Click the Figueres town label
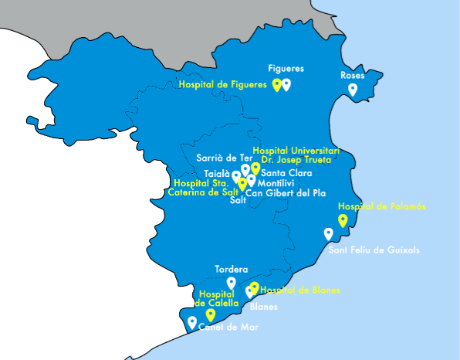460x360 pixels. (286, 68)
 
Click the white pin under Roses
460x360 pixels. (353, 90)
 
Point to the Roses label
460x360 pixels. (352, 76)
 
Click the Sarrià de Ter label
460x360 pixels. (219, 158)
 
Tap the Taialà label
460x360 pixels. (216, 173)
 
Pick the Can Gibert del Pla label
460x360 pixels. (288, 193)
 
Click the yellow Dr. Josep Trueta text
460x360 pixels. (296, 160)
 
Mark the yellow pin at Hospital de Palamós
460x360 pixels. (343, 220)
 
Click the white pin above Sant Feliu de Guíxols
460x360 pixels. (329, 234)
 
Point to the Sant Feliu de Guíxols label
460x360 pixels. (374, 250)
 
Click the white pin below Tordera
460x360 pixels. (231, 283)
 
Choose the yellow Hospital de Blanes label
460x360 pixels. (300, 290)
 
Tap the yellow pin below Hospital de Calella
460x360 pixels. (210, 315)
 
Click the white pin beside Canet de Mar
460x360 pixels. (192, 322)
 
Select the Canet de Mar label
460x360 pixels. (228, 328)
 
